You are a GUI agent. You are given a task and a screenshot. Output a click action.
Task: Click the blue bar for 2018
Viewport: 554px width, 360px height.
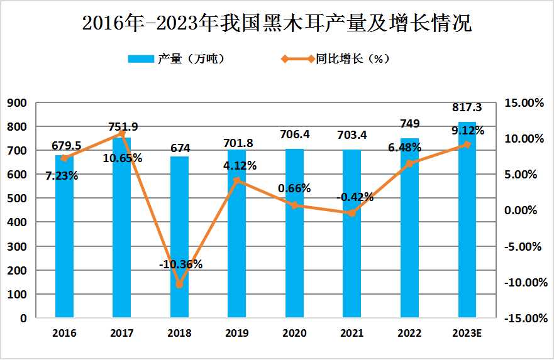[179, 239]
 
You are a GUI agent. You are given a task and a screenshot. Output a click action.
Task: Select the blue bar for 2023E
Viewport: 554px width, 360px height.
[467, 226]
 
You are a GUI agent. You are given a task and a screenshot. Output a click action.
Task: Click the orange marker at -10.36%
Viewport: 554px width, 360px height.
[179, 285]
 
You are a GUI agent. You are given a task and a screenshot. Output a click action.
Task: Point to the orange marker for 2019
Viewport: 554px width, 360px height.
[237, 181]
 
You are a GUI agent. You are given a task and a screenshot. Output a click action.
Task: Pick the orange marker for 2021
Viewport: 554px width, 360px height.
[352, 213]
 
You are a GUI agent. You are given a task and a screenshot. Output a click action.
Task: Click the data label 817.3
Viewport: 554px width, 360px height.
[467, 108]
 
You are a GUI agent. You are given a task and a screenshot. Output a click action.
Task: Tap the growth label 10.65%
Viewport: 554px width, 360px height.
[123, 158]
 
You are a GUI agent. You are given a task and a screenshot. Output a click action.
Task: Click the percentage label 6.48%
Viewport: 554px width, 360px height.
[401, 147]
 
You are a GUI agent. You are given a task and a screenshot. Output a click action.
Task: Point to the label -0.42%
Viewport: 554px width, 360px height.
[355, 197]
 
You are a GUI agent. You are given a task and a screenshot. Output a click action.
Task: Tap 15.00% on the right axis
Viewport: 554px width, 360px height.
[523, 102]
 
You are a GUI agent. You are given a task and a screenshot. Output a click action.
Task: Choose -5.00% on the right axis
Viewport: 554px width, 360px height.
[523, 246]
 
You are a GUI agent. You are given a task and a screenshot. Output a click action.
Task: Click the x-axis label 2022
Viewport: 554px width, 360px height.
[409, 333]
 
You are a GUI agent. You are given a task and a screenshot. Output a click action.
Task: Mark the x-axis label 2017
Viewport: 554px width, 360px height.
[122, 333]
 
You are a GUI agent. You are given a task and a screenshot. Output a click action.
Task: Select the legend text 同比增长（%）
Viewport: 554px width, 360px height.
[353, 59]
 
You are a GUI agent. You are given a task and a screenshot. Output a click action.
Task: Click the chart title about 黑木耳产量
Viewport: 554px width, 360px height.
[277, 23]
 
